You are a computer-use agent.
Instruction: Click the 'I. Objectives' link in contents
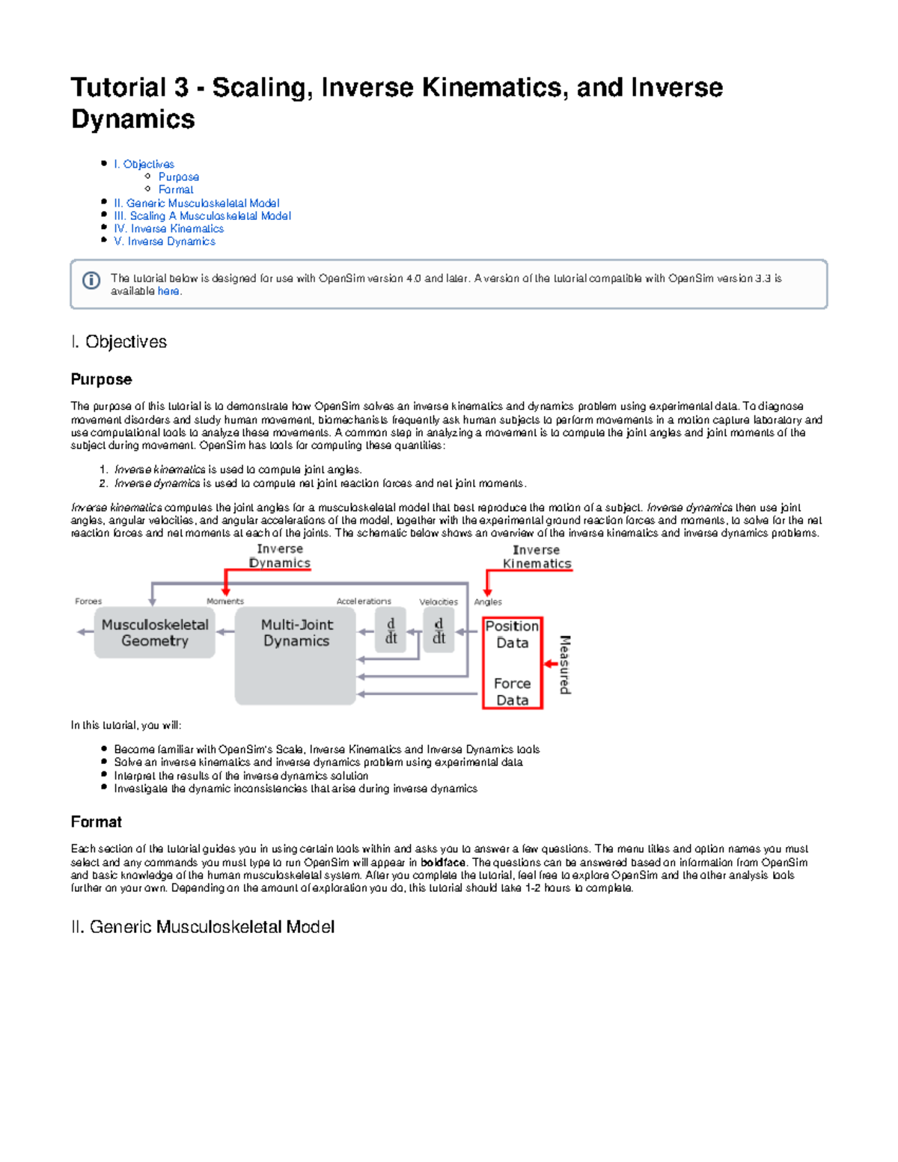144,164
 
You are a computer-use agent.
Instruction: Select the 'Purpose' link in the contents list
178,177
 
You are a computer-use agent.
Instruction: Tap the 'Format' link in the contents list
176,189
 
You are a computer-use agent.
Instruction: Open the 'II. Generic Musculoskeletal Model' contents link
196,203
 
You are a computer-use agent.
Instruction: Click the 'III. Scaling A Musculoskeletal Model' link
202,215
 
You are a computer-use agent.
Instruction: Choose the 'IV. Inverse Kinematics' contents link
168,228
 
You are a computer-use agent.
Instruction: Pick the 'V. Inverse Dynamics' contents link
164,241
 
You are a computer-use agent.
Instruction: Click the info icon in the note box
91,281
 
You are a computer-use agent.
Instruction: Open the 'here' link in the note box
168,291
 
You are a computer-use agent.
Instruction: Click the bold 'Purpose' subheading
101,379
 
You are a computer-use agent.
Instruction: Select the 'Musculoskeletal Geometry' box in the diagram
154,632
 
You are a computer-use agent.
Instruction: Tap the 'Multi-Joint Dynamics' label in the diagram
296,632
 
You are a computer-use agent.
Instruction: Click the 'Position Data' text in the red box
512,634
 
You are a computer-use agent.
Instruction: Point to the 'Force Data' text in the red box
512,691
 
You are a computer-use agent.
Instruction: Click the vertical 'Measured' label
565,664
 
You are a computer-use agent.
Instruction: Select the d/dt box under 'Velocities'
439,631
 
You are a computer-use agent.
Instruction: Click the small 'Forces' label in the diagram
88,601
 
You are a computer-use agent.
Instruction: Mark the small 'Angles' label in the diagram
488,602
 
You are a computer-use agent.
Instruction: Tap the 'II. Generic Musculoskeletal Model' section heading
202,927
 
